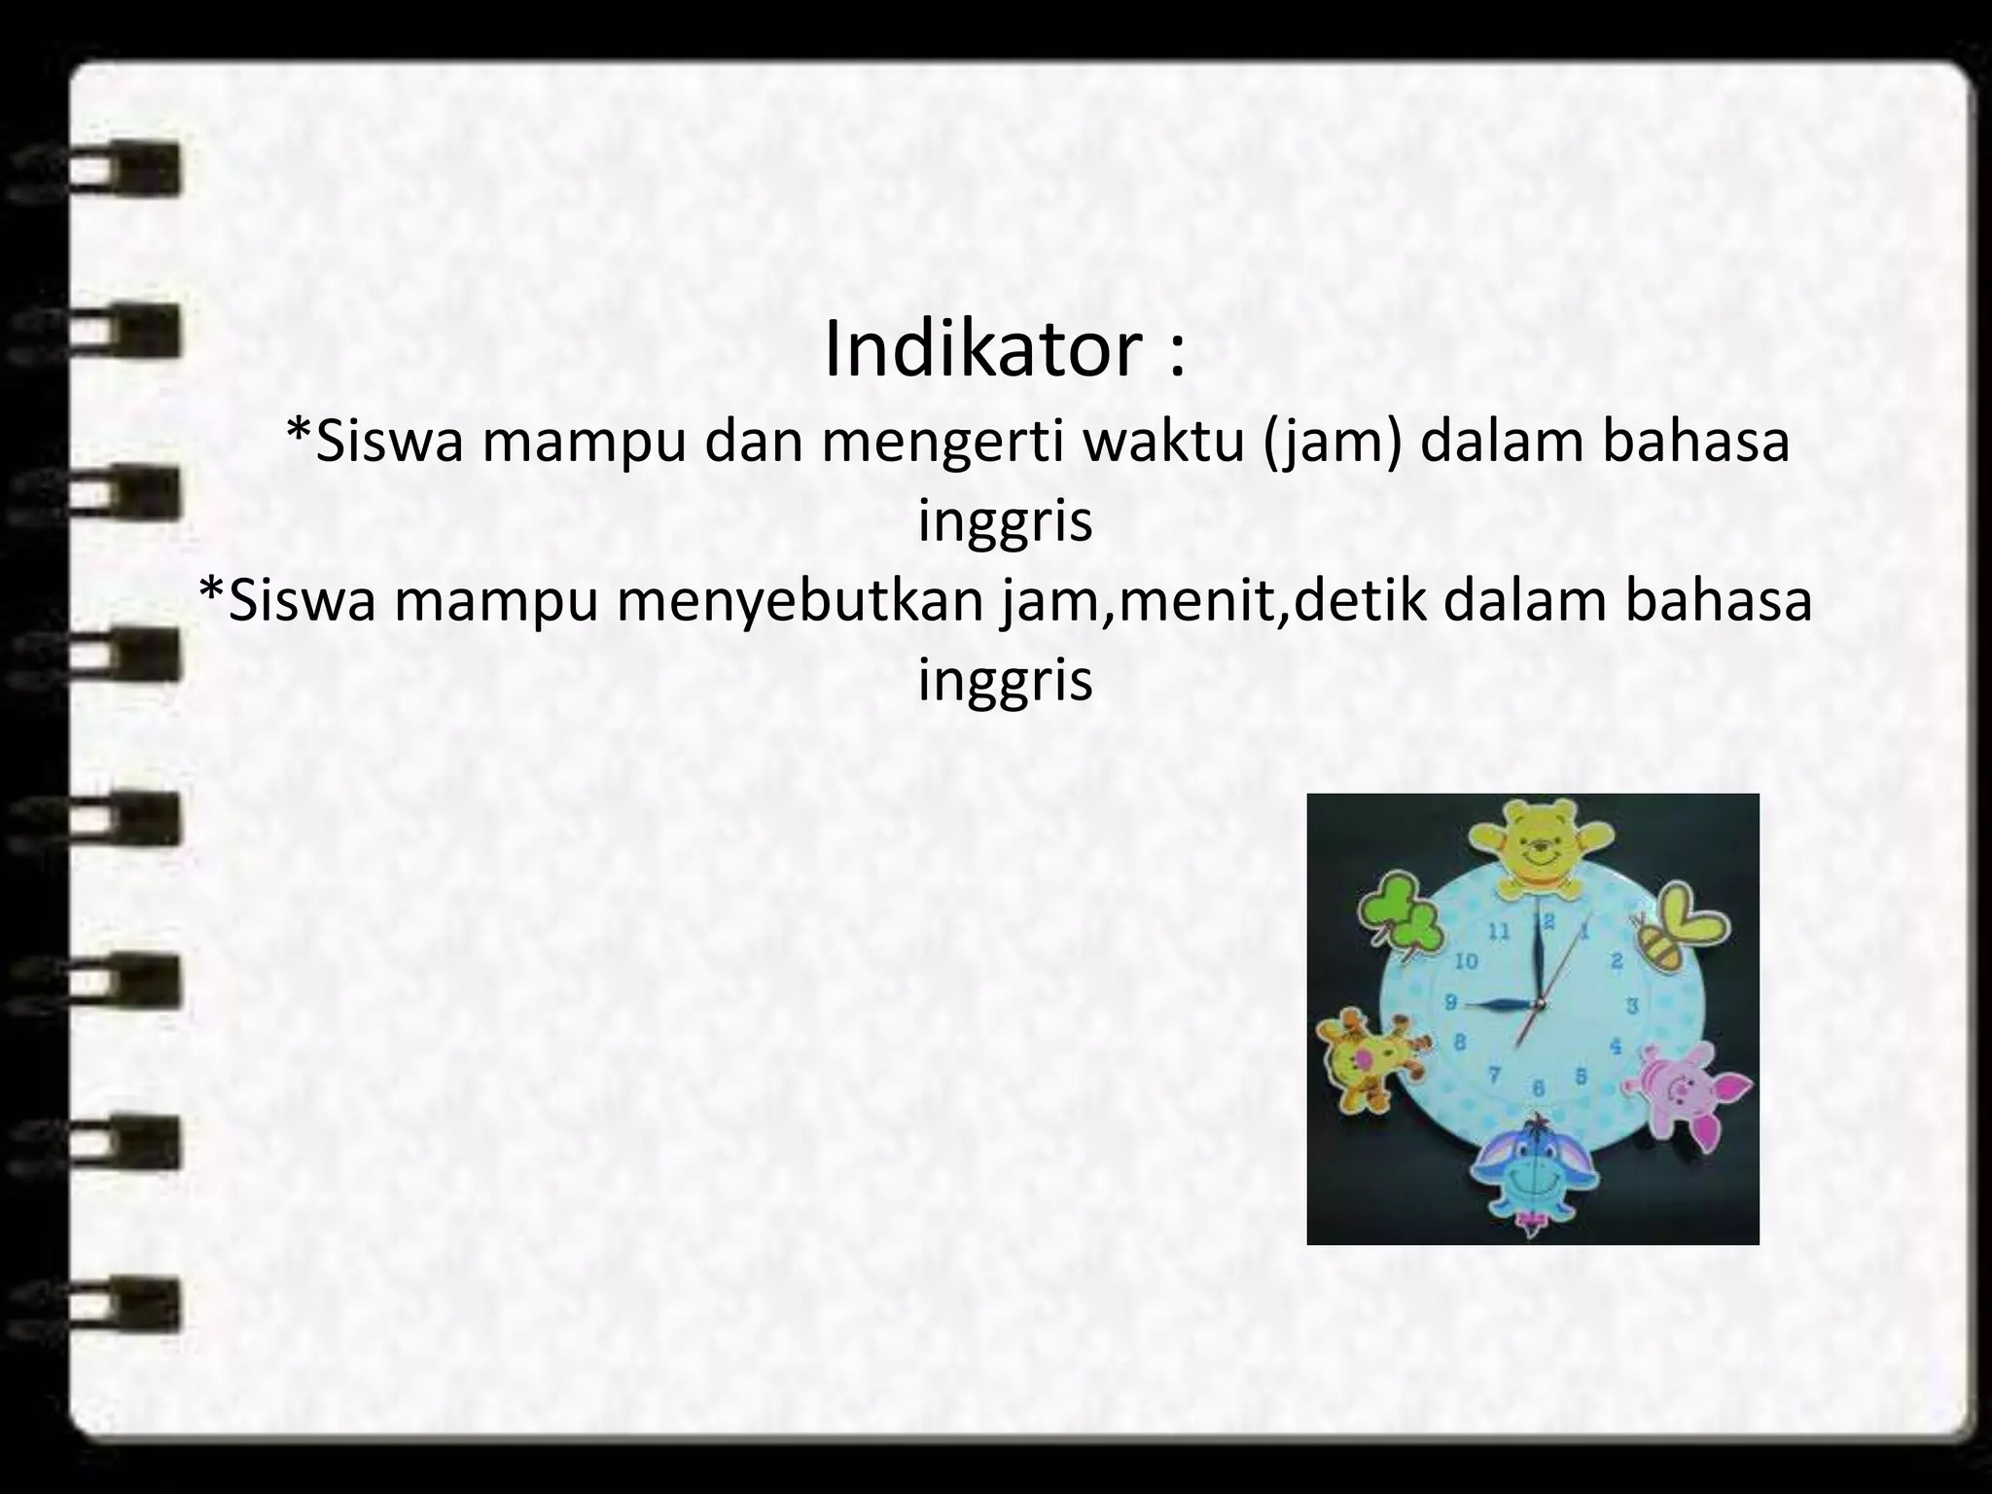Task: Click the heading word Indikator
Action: point(981,349)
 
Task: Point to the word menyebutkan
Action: point(802,600)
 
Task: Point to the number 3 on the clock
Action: point(1633,1005)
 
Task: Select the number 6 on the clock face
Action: point(1539,1087)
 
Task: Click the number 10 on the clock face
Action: point(1466,962)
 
